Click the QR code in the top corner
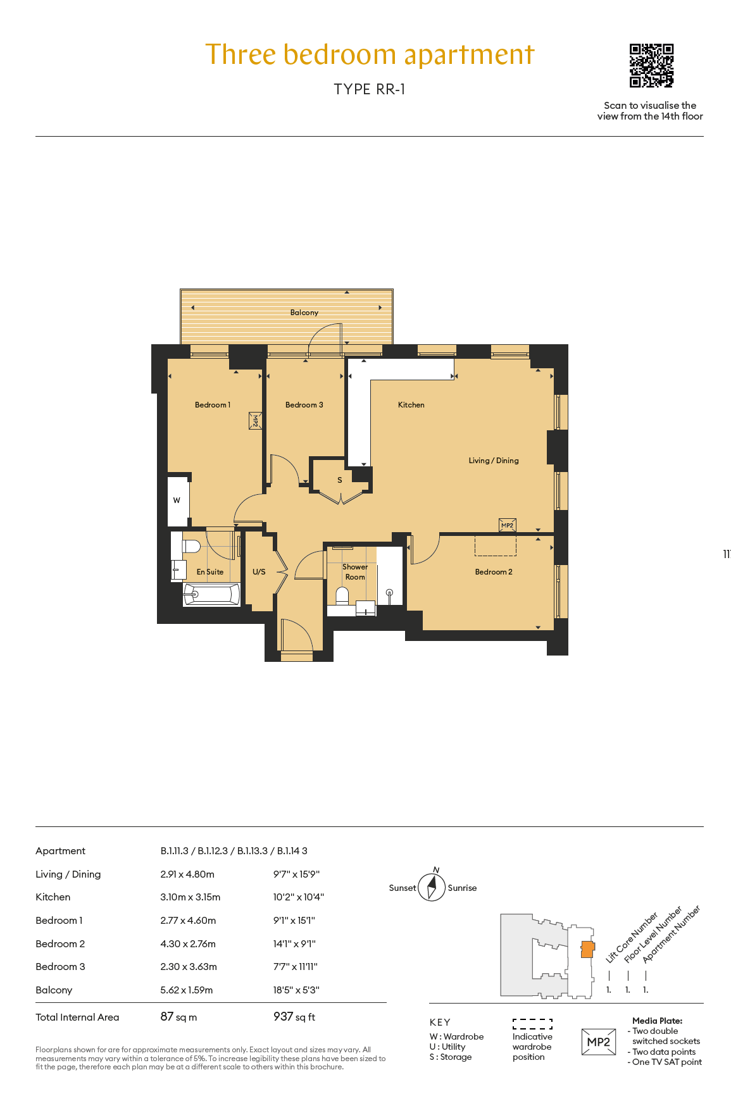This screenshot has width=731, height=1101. (x=651, y=65)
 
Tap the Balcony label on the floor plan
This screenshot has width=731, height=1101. (x=304, y=313)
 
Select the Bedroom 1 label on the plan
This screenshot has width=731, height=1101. (x=213, y=405)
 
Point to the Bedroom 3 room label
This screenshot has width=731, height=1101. (x=304, y=405)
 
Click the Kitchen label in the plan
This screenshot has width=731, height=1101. (x=411, y=405)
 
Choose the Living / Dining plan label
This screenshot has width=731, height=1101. (x=494, y=461)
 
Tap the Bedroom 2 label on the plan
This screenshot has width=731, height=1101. (x=494, y=572)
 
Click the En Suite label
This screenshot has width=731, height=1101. (x=210, y=572)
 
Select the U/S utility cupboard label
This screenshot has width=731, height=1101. (x=259, y=572)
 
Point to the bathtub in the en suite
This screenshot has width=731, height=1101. (x=211, y=594)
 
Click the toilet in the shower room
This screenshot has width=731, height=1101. (x=342, y=596)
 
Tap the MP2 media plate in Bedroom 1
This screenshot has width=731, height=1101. (x=255, y=421)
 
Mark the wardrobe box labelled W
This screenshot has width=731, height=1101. (x=178, y=501)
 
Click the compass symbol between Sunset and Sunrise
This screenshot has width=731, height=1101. (x=432, y=887)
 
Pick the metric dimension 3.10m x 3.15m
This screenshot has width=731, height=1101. (x=191, y=897)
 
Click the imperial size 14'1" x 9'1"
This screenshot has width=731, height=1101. (x=294, y=943)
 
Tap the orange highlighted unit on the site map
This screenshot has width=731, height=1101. (x=588, y=949)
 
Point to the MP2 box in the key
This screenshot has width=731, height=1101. (x=599, y=1042)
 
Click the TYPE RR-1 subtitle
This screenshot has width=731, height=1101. (x=370, y=89)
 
